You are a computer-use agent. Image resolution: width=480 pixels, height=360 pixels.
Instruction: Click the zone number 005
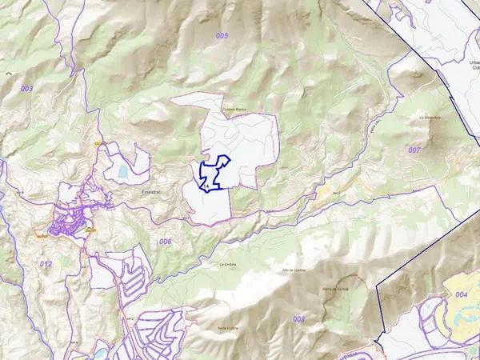[x=222, y=36]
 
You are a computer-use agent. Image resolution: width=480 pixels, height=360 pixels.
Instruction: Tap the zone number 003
[x=26, y=89]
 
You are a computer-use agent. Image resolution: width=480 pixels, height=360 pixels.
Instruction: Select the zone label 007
[x=414, y=150]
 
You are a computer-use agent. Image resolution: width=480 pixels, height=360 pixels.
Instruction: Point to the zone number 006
[x=165, y=241]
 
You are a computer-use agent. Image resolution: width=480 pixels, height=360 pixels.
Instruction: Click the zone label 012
[x=46, y=263]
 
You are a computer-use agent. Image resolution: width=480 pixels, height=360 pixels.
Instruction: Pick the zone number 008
[x=298, y=318]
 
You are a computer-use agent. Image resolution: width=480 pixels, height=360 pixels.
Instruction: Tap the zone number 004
[x=462, y=294]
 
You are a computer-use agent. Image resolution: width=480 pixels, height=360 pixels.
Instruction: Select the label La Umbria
[x=229, y=263]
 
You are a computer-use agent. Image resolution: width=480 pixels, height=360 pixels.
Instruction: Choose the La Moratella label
[x=430, y=117]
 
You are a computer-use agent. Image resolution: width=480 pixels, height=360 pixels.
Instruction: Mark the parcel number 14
[x=206, y=186]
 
